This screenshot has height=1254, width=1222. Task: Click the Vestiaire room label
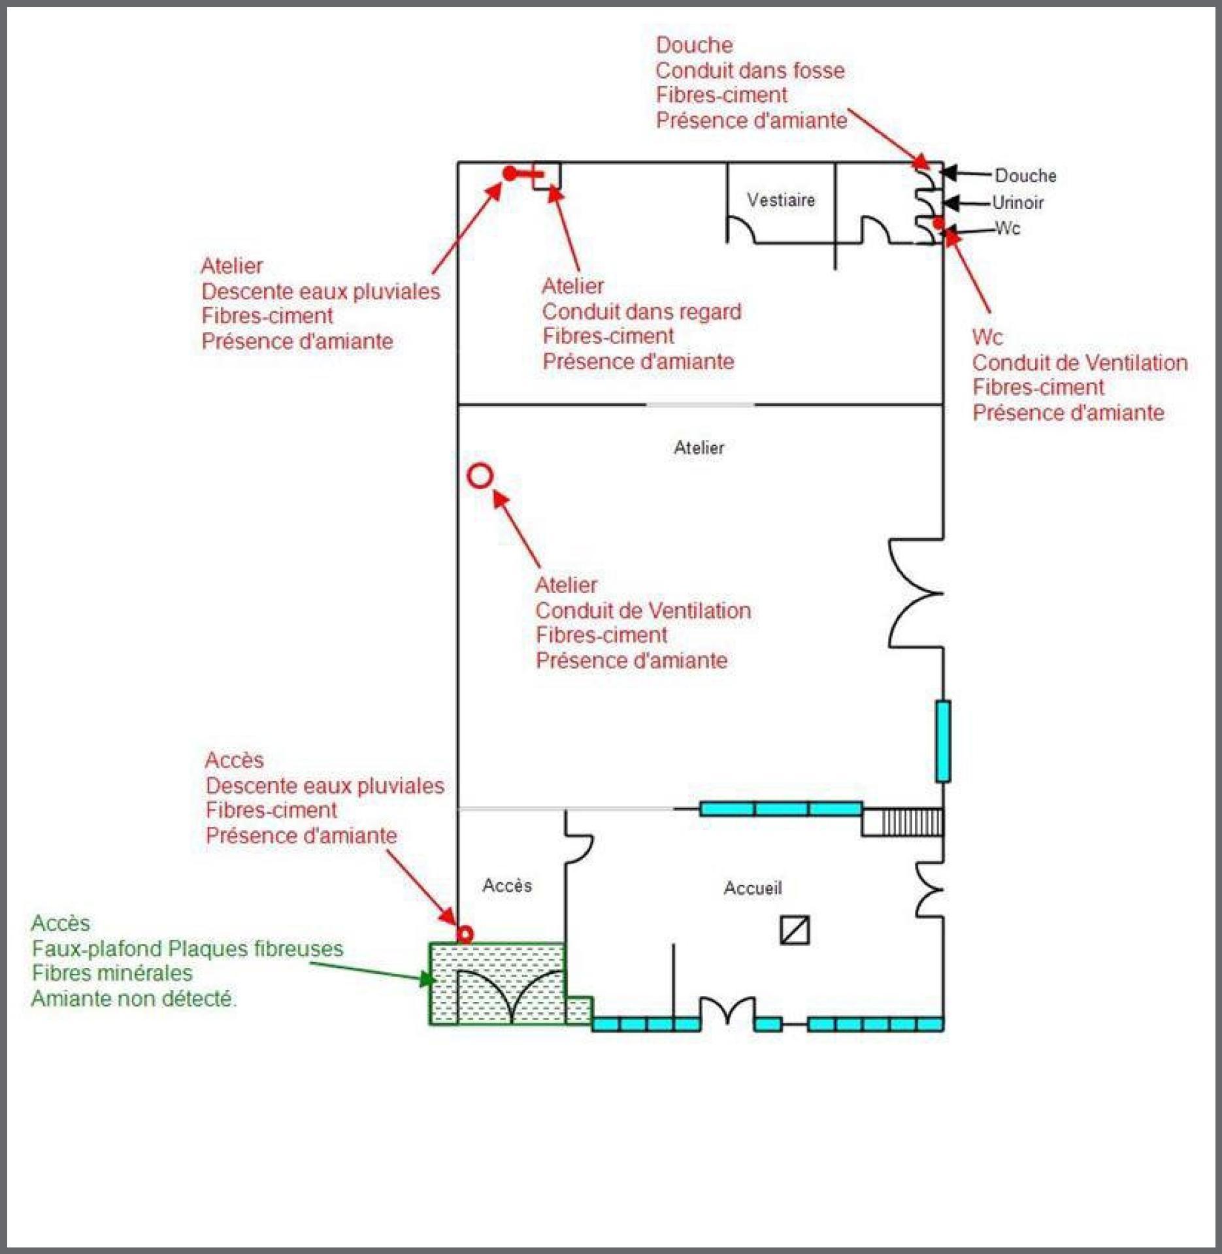click(781, 200)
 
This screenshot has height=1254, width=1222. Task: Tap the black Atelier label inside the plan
click(699, 448)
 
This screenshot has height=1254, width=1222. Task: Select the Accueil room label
click(752, 888)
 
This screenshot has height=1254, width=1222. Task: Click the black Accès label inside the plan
click(507, 886)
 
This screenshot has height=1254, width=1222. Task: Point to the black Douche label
click(1025, 176)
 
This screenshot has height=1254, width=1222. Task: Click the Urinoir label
click(1017, 202)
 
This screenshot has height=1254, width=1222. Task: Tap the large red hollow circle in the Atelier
click(480, 476)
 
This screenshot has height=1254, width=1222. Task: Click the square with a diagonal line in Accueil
click(795, 930)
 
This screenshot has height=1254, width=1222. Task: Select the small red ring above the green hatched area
click(465, 934)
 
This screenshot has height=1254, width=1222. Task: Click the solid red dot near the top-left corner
click(510, 174)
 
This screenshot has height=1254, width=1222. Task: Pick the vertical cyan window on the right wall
click(942, 741)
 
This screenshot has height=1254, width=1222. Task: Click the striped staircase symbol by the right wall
click(912, 822)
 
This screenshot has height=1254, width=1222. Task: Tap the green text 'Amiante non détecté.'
click(134, 999)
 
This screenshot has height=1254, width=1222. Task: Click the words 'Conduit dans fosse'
click(750, 71)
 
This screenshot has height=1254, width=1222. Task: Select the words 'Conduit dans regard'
click(641, 312)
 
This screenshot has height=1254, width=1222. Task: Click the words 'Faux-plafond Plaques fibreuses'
click(188, 948)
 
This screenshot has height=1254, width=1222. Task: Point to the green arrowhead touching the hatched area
click(428, 979)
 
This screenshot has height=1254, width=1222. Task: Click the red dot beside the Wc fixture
click(938, 223)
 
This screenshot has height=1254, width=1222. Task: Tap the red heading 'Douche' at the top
click(694, 45)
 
